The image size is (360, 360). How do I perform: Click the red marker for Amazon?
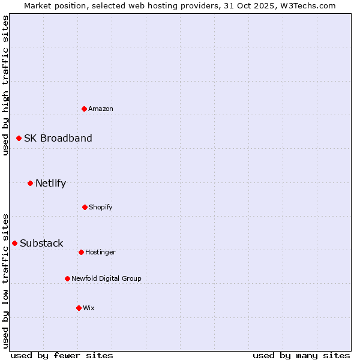click(84, 109)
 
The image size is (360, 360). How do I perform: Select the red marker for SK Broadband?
click(19, 138)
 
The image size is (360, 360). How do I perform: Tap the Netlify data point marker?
click(30, 183)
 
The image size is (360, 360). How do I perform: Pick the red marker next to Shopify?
click(85, 207)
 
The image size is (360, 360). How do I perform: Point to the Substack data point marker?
click(14, 243)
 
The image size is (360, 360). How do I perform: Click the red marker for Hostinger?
click(81, 252)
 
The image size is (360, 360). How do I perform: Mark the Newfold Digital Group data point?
click(67, 278)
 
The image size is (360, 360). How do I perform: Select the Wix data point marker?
click(79, 308)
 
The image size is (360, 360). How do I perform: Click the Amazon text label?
click(101, 109)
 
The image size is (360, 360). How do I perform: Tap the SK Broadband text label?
click(58, 138)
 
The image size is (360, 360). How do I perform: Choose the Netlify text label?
click(50, 183)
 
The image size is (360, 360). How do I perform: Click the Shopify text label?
click(101, 207)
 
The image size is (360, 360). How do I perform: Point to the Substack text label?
click(41, 243)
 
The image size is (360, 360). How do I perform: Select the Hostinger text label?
click(100, 252)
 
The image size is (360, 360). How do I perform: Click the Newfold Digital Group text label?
click(107, 278)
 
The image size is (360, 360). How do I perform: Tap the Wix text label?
click(89, 308)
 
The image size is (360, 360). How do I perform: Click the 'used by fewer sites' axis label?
click(62, 355)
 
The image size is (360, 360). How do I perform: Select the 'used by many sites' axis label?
click(301, 355)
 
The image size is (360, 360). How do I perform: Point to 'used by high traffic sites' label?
click(5, 85)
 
